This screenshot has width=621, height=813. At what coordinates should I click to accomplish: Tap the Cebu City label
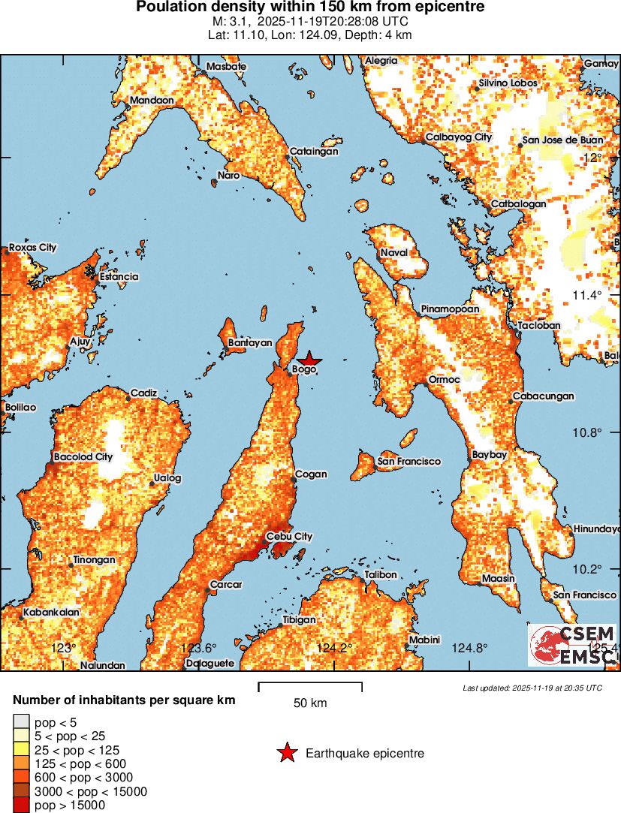[x=289, y=537]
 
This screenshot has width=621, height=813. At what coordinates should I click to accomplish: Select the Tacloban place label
[x=539, y=326]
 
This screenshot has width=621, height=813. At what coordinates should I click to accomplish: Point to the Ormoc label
[x=444, y=380]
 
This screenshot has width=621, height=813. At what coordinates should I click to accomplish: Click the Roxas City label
[x=32, y=248]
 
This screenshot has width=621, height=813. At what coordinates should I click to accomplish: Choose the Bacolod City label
[x=83, y=456]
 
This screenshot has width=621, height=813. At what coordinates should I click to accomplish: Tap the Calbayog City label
[x=458, y=137]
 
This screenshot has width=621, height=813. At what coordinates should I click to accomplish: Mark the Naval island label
[x=393, y=253]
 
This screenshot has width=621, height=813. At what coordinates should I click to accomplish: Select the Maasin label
[x=499, y=578]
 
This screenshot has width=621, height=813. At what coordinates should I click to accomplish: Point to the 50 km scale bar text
[x=309, y=703]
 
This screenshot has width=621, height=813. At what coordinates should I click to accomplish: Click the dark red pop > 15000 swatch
[x=21, y=805]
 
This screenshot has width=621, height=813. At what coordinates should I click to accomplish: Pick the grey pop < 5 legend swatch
[x=21, y=722]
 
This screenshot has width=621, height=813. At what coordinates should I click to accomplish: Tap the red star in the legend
[x=286, y=754]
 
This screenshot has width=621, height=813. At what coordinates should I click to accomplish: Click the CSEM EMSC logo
[x=572, y=644]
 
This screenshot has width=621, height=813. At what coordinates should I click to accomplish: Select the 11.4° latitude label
[x=586, y=295]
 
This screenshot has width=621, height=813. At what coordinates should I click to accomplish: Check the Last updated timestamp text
[x=532, y=688]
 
